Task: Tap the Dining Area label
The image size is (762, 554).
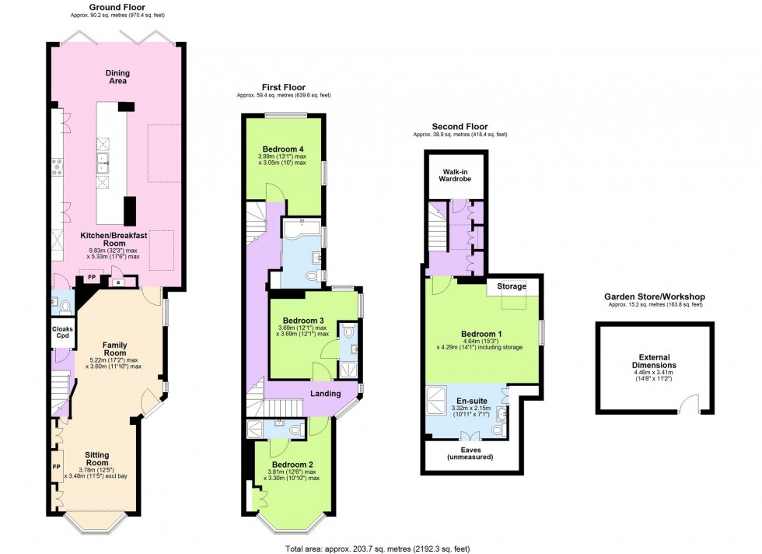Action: [118, 78]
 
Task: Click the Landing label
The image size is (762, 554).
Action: [325, 394]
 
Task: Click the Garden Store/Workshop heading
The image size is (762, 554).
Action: [654, 296]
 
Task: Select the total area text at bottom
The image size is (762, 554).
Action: [373, 547]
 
